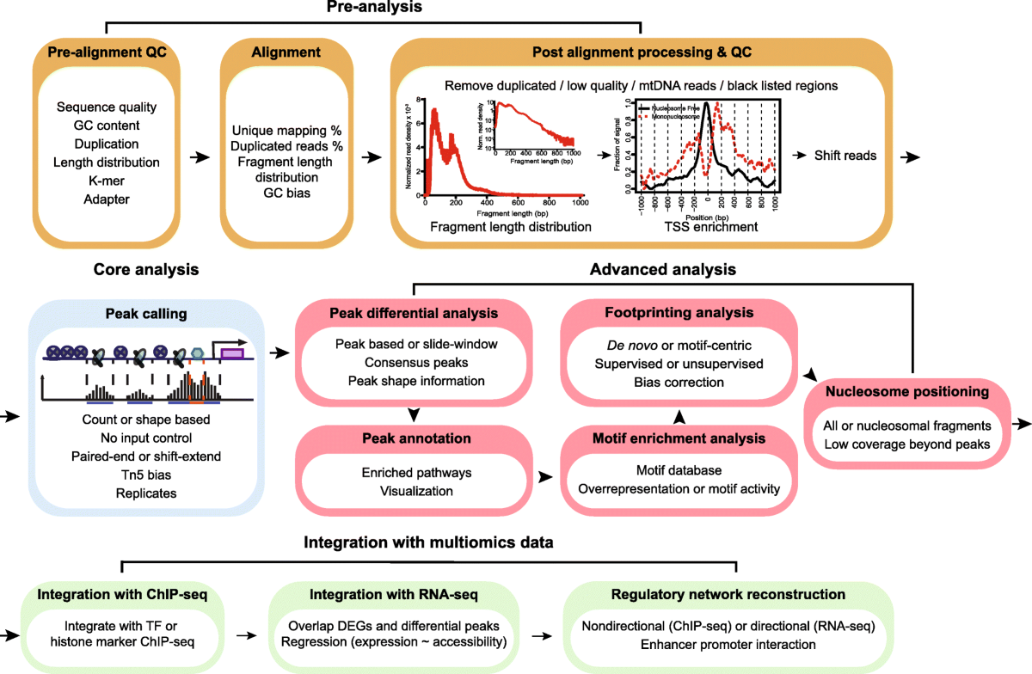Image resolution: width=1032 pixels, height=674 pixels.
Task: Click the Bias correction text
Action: [x=679, y=380]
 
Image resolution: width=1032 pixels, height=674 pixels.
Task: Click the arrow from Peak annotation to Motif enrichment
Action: [x=543, y=474]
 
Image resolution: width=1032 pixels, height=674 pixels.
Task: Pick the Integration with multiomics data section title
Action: [x=427, y=542]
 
